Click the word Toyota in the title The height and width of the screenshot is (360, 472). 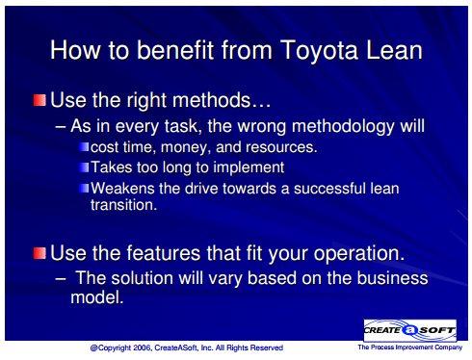point(319,51)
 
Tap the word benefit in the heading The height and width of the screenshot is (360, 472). point(175,50)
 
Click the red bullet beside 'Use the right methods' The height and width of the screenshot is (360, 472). point(39,100)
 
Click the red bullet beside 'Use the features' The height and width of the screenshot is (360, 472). point(39,253)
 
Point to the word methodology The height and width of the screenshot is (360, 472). point(343,126)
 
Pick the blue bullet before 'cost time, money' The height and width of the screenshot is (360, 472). point(84,147)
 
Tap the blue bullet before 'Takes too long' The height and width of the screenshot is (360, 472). point(84,167)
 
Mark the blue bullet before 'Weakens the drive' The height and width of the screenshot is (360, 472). point(84,188)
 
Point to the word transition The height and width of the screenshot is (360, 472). point(124,205)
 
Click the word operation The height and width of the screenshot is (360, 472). point(359,254)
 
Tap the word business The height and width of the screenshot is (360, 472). point(393,277)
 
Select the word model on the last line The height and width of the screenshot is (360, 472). point(97,297)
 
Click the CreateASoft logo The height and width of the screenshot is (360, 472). point(410,330)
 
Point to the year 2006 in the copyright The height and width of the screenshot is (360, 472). point(143,347)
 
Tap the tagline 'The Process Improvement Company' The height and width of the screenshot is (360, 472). point(410,347)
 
